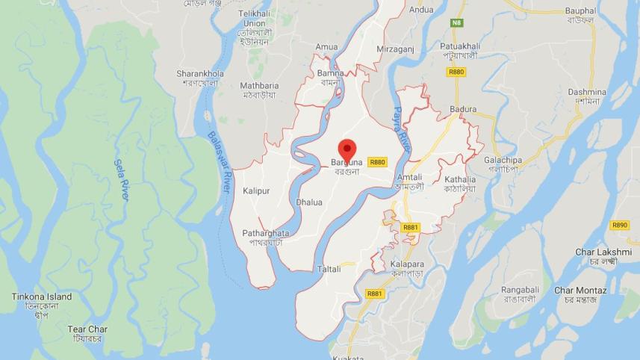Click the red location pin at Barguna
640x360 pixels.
347,149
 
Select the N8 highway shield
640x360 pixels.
456,23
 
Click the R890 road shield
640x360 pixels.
619,225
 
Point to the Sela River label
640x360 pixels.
122,179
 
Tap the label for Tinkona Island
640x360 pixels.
42,297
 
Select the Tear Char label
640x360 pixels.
87,329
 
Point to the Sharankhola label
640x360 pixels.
200,73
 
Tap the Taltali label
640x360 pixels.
329,269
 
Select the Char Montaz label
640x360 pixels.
580,290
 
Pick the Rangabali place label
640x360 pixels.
520,290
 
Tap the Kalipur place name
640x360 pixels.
256,191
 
